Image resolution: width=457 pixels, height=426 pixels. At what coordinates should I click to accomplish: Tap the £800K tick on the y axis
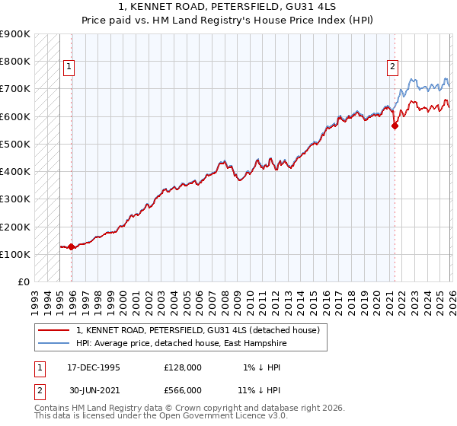tap(15, 62)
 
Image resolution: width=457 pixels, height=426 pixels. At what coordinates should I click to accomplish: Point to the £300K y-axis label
tap(15, 199)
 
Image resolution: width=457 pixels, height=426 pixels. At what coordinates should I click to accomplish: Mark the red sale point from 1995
tap(72, 246)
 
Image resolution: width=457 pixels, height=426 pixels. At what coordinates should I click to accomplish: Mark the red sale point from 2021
tap(395, 126)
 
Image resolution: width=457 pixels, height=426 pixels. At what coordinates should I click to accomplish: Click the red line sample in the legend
tap(54, 330)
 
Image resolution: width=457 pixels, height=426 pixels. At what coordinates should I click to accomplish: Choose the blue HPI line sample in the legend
tap(54, 343)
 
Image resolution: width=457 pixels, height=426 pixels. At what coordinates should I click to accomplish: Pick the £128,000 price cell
tap(183, 367)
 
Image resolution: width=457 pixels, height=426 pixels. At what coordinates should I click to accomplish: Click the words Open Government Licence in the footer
tap(215, 416)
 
